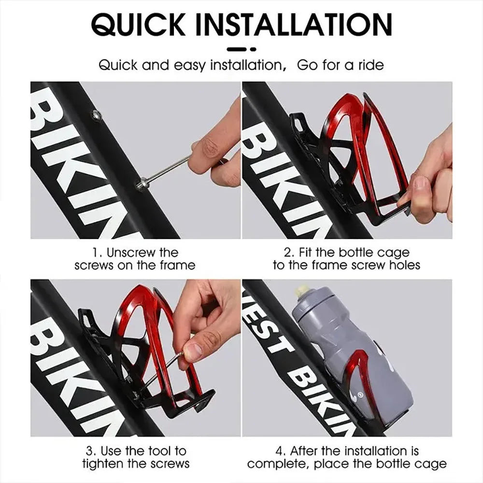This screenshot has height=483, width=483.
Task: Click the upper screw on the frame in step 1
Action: (x=96, y=115)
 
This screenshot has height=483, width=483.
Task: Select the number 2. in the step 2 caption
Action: (x=289, y=253)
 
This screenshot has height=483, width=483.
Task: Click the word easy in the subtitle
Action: (x=189, y=66)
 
